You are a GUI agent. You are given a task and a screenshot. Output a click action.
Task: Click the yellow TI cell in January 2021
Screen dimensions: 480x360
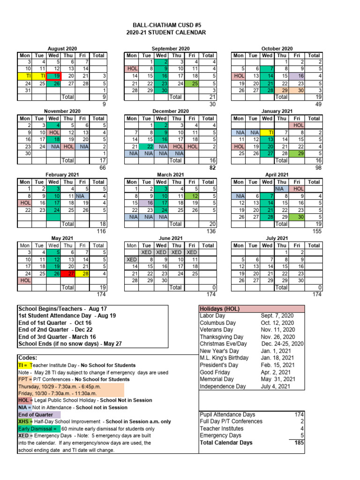(x=267, y=133)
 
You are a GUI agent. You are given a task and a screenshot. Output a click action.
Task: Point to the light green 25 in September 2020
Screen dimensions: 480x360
(x=191, y=83)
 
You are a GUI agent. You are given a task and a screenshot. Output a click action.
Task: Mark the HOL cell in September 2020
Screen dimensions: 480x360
(x=132, y=68)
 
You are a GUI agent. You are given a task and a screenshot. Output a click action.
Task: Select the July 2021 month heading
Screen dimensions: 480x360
(x=277, y=238)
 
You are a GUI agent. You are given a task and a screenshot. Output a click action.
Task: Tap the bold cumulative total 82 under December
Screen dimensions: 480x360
(x=212, y=168)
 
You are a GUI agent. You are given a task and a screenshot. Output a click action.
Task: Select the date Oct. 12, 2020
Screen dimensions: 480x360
(x=277, y=323)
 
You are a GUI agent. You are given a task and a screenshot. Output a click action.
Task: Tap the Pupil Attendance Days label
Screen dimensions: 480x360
(x=227, y=414)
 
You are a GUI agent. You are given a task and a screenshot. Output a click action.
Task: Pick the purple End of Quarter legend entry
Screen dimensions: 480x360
(x=36, y=414)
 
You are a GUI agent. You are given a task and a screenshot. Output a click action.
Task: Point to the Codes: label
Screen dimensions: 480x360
(x=28, y=358)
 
